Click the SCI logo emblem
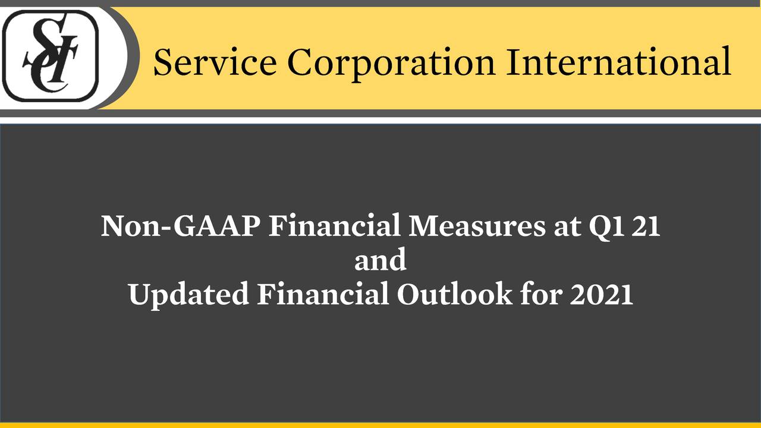(51, 56)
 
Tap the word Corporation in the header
(391, 65)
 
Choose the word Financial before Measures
(335, 225)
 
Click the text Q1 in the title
(606, 228)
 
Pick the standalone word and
(380, 259)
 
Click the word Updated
(189, 294)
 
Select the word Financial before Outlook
(323, 293)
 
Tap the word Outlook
(455, 293)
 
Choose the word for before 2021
(541, 293)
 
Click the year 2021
(602, 294)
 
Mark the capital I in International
(514, 62)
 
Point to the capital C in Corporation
(300, 62)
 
